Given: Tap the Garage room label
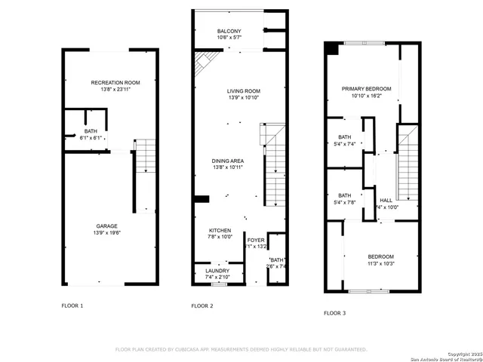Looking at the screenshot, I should tap(106, 225).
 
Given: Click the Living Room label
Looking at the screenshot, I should tap(243, 91).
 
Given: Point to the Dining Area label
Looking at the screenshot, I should tap(227, 161).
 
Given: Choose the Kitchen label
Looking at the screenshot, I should tap(220, 230).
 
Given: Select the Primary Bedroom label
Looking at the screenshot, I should tap(361, 89).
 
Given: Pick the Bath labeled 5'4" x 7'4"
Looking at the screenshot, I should tap(344, 137).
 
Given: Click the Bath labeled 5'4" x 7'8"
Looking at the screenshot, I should tap(344, 195).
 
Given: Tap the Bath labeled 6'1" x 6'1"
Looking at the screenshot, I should tap(90, 132).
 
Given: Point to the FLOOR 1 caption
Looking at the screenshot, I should tap(72, 305).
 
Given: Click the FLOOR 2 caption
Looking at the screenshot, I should tap(202, 305).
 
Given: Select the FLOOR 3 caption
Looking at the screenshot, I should tap(335, 312).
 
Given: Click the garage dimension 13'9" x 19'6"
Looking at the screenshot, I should tap(106, 233).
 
